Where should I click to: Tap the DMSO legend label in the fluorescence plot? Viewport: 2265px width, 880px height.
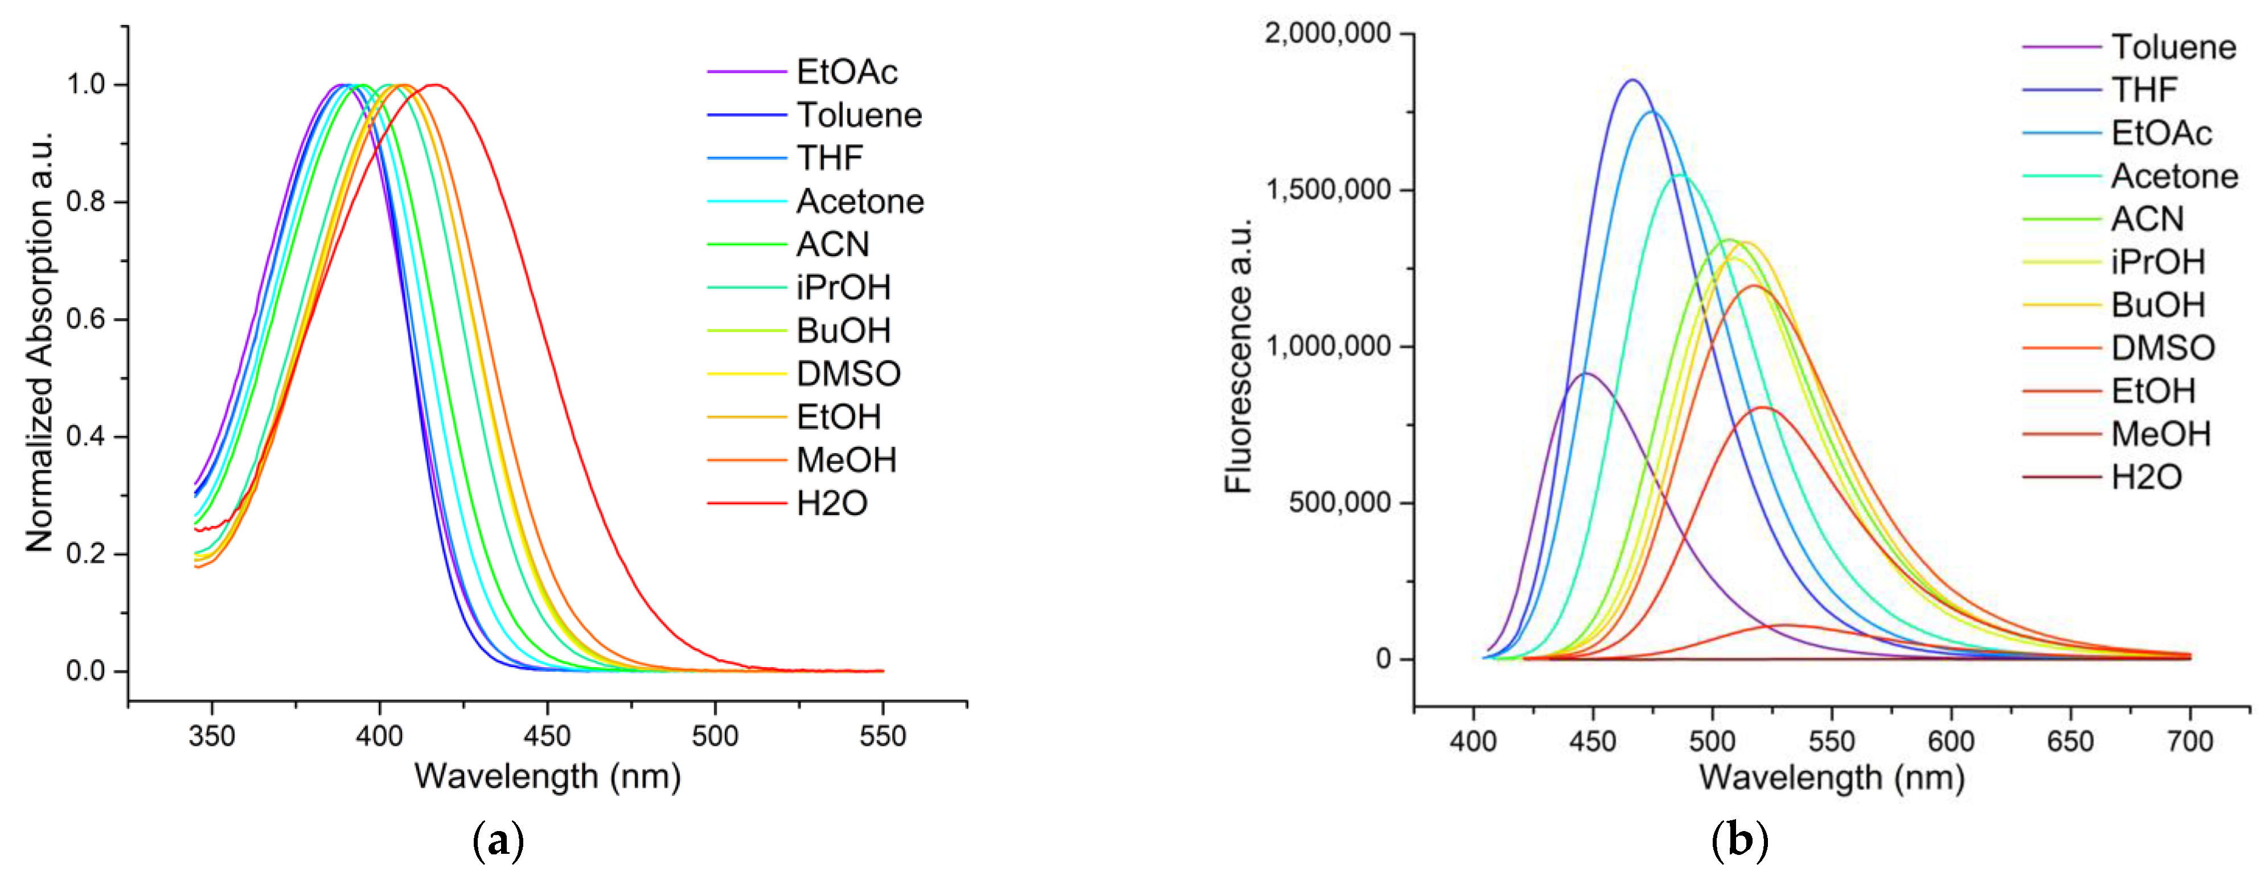coord(2163,348)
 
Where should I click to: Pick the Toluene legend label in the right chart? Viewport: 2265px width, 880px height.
coord(2173,47)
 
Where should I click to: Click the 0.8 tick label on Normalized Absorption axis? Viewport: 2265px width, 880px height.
coord(85,202)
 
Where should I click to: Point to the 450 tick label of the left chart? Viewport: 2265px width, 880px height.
coord(547,736)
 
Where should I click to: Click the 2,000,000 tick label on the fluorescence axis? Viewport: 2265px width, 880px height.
coord(1328,34)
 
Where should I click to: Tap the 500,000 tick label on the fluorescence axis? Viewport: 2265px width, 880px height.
coord(1340,503)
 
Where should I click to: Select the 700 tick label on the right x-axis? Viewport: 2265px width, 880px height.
coord(2189,741)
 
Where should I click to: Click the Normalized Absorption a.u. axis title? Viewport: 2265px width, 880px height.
coord(39,343)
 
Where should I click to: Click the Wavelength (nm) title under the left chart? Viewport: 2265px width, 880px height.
coord(548,776)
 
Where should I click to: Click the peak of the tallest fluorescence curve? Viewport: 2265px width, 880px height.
coord(1633,80)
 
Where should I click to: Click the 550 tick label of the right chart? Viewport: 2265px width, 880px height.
coord(1832,741)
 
